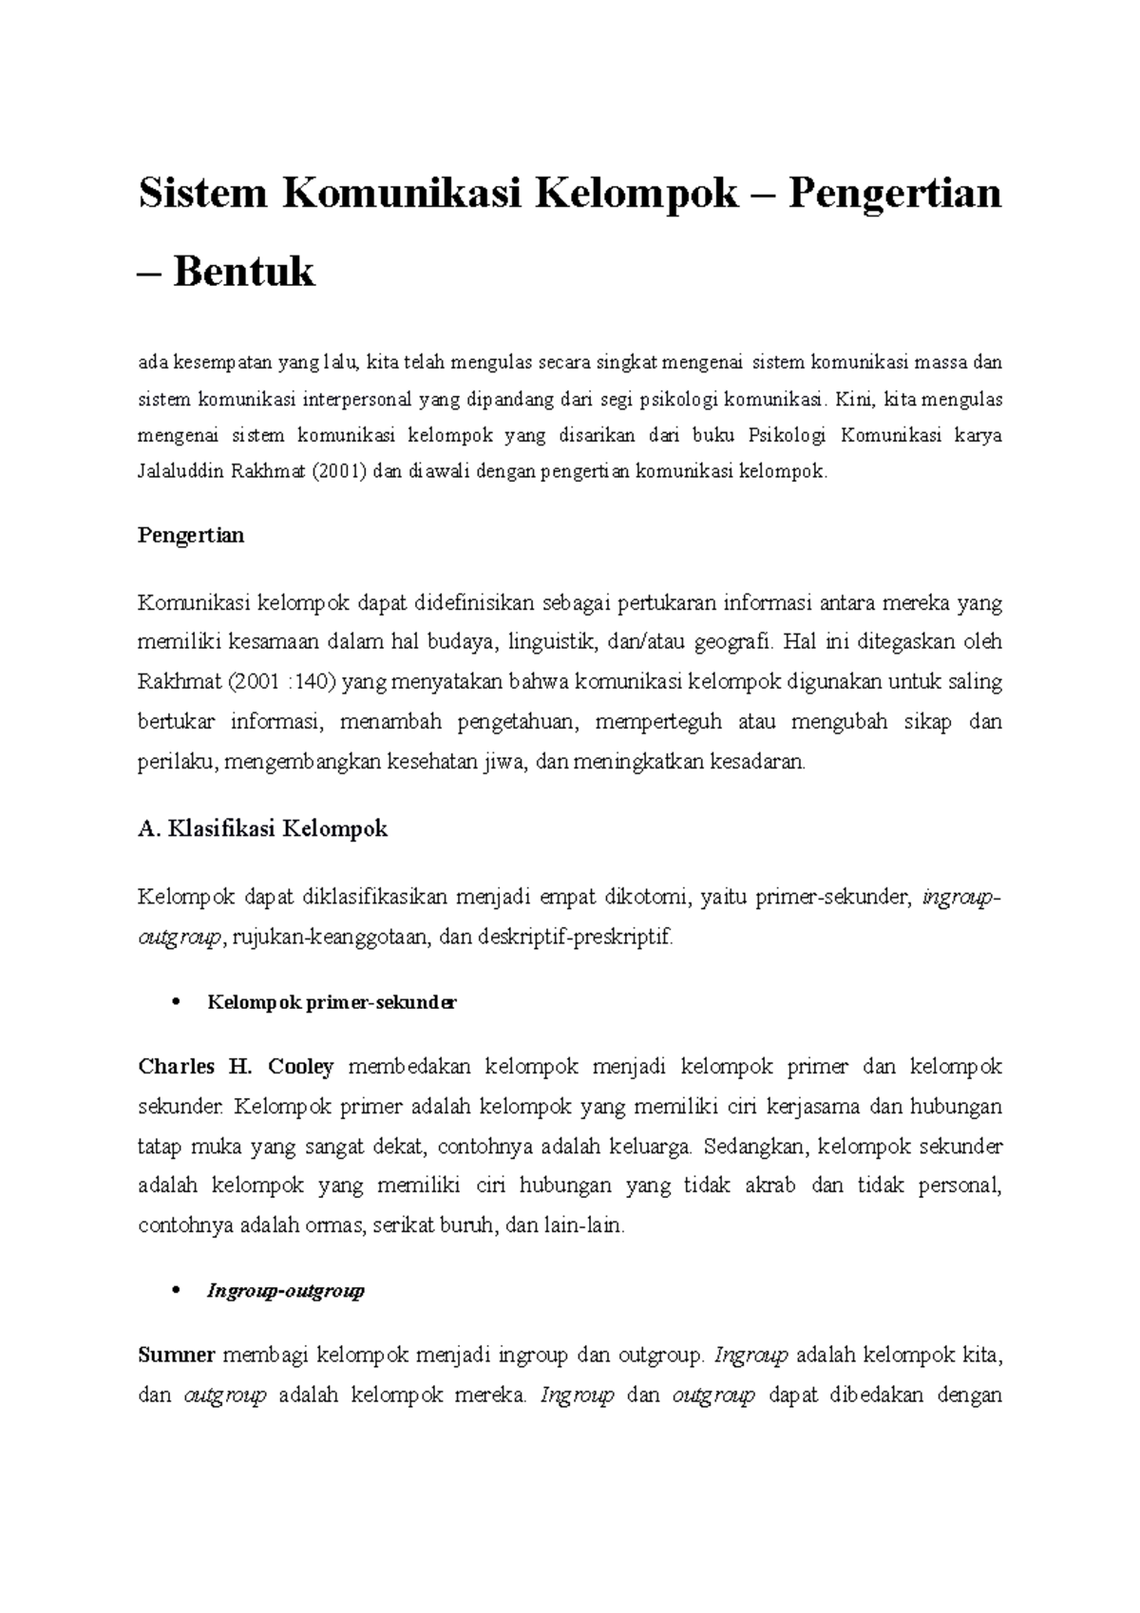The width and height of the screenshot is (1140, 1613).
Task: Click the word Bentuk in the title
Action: pyautogui.click(x=244, y=273)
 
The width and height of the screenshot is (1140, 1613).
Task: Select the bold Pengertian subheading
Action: pyautogui.click(x=191, y=536)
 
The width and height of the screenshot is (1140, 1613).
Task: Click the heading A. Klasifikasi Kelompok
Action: pyautogui.click(x=262, y=829)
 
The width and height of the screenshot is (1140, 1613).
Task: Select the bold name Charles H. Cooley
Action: pyautogui.click(x=236, y=1067)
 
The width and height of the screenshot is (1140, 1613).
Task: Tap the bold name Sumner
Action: pyautogui.click(x=177, y=1356)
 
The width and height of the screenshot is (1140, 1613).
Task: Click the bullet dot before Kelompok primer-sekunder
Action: pyautogui.click(x=174, y=1003)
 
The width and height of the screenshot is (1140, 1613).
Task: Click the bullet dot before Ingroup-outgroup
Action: pyautogui.click(x=174, y=1292)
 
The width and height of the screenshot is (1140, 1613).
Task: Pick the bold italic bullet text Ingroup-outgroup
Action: pyautogui.click(x=286, y=1292)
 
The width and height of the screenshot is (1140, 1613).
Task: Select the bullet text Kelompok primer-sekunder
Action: pyautogui.click(x=332, y=1003)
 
